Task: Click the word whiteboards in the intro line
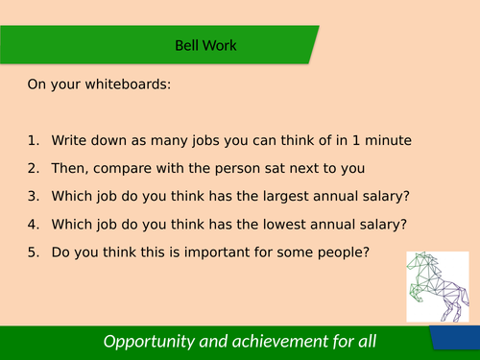pos(127,84)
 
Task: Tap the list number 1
pos(34,141)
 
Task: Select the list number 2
pos(34,169)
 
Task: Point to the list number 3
pos(34,197)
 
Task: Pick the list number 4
pos(34,225)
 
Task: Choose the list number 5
pos(34,252)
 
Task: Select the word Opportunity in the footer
pos(150,342)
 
